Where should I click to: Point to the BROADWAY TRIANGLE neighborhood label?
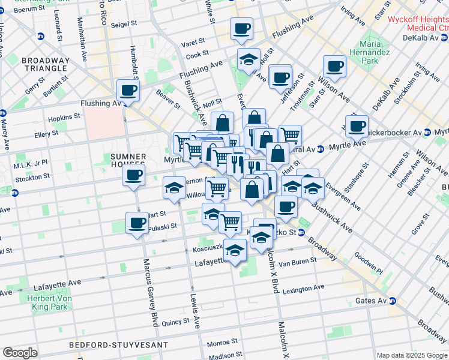coord(45,64)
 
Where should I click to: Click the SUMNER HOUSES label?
coord(128,160)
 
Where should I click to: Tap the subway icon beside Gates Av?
coord(393,300)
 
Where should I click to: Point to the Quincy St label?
coord(176,322)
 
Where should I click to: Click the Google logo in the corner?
coord(20,353)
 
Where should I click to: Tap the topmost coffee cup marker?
coord(241,28)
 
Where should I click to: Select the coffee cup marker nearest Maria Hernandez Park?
coord(334,67)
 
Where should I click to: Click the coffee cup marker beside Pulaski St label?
coord(137,223)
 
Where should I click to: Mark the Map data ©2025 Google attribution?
coord(412,355)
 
